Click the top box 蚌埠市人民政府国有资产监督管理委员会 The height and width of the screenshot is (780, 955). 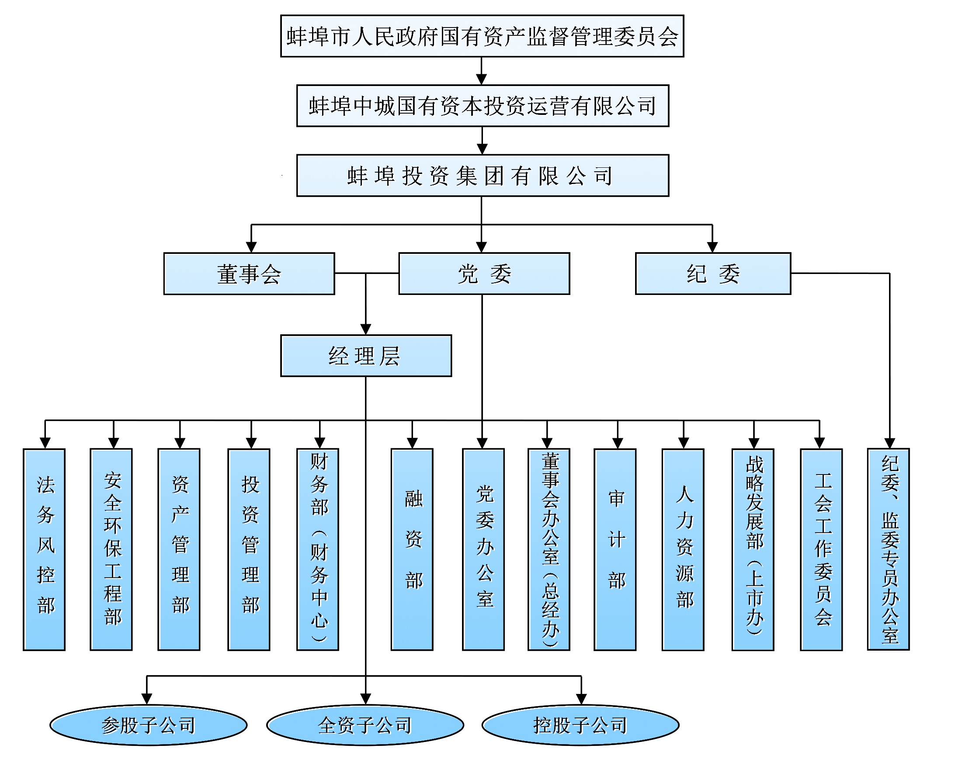click(x=482, y=36)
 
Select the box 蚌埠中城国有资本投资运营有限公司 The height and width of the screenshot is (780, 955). click(x=482, y=106)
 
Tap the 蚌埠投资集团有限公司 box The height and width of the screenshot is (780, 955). click(x=482, y=175)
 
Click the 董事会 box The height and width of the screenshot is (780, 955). click(x=249, y=274)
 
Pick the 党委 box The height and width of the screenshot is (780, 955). click(x=484, y=274)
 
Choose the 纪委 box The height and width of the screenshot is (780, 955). click(x=713, y=274)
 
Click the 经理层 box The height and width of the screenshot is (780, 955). click(x=366, y=355)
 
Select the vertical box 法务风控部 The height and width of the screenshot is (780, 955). click(x=44, y=549)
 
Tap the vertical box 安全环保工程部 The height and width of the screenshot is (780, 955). click(x=111, y=549)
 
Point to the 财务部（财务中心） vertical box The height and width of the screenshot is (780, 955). click(x=317, y=549)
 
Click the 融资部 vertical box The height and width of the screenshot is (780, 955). click(x=412, y=549)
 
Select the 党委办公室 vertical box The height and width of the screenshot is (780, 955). click(x=483, y=549)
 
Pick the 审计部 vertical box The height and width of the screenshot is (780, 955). click(x=615, y=549)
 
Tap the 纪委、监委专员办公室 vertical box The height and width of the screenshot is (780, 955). click(x=888, y=549)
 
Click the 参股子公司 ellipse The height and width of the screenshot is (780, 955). click(x=148, y=725)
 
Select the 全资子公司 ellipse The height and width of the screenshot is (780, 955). click(x=365, y=725)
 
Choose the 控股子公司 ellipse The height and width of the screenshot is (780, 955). click(x=580, y=725)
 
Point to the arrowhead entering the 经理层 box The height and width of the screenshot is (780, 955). click(x=366, y=329)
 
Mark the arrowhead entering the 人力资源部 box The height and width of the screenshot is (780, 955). click(x=684, y=443)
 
